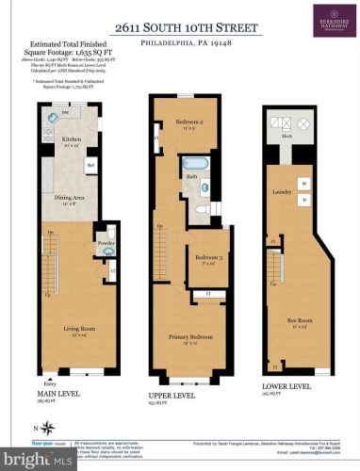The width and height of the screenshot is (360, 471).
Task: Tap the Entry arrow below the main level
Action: tap(52, 374)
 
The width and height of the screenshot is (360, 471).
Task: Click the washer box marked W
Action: tap(303, 182)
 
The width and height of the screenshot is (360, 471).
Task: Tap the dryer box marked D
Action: tap(303, 200)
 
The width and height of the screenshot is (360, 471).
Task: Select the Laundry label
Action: tap(282, 166)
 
